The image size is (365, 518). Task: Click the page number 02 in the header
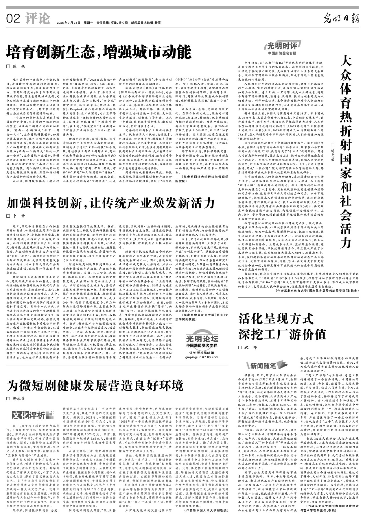pos(13,19)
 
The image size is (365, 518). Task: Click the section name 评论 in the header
pos(37,19)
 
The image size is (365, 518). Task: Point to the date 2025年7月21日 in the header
pos(68,23)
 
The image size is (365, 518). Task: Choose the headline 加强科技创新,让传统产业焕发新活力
pos(111,203)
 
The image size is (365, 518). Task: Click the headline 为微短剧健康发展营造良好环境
pos(95,385)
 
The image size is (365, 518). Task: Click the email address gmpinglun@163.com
pos(202,357)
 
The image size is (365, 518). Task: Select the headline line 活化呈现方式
pos(276,320)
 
